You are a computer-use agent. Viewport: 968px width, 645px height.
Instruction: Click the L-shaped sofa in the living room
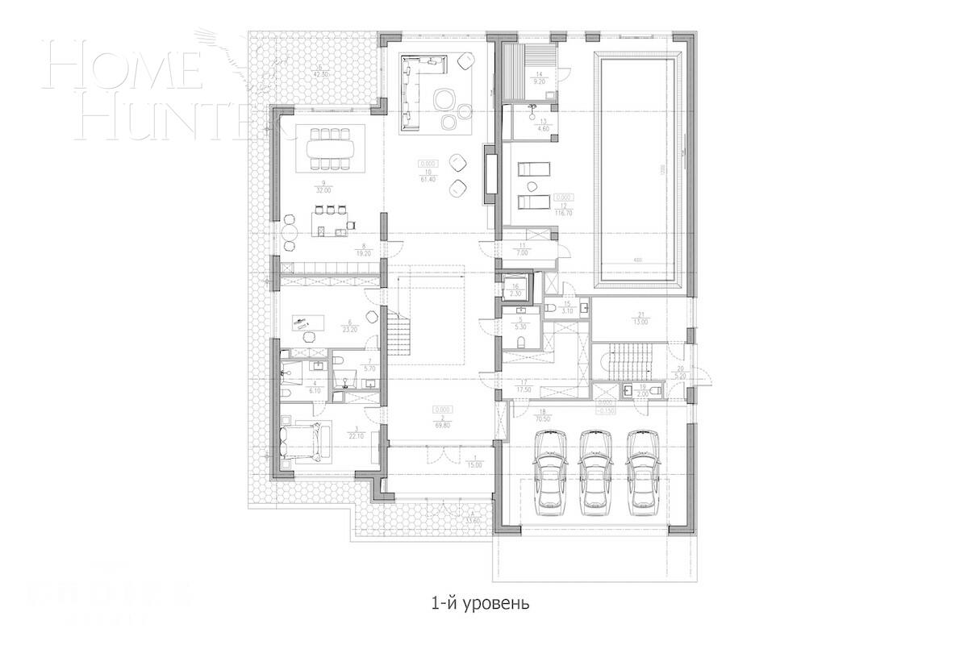(x=416, y=89)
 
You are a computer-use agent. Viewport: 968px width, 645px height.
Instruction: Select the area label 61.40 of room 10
(x=429, y=181)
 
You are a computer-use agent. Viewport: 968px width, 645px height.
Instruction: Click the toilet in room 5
(x=519, y=343)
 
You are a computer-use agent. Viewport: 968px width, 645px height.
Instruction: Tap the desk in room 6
(x=307, y=323)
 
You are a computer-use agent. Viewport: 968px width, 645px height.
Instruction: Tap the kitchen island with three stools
(x=332, y=228)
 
